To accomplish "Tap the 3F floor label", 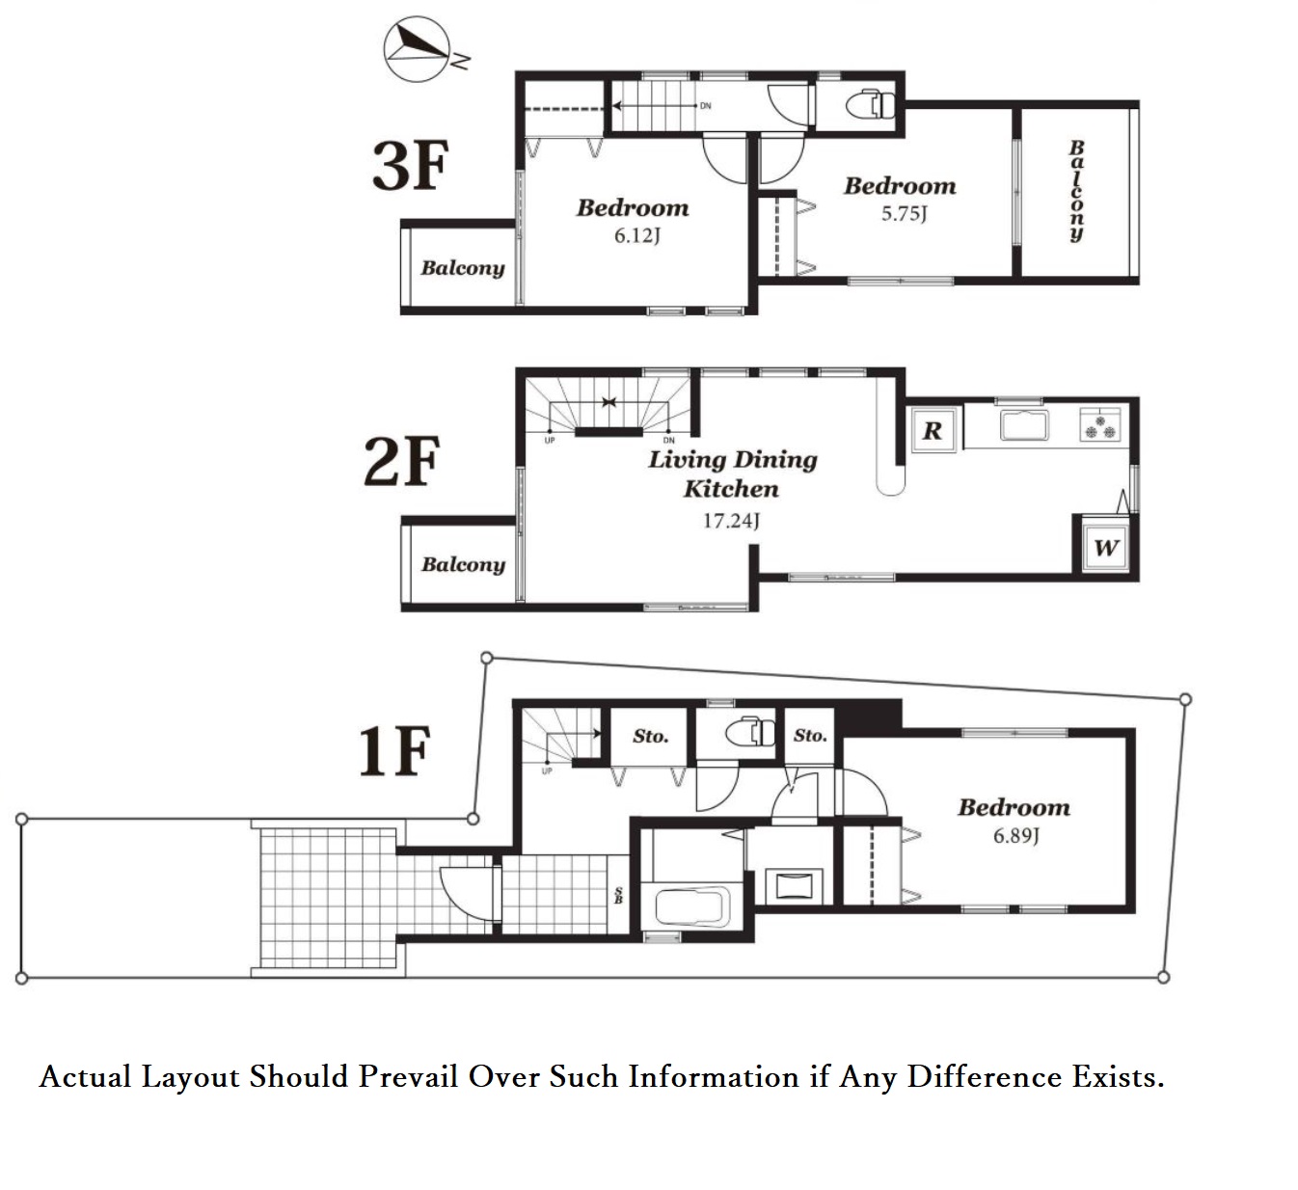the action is tap(410, 166).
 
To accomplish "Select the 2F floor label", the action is tap(402, 461).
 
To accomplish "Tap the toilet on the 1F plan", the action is tap(750, 733).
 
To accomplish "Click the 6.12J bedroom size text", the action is tap(637, 235).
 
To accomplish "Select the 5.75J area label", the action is tap(904, 213).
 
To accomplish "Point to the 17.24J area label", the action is tap(731, 520).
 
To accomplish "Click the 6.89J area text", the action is tap(1015, 835).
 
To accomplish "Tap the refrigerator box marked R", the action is tap(933, 430).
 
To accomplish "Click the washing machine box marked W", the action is tap(1106, 548).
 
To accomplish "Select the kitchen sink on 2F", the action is tap(1024, 426).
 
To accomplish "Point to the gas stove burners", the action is tap(1100, 426).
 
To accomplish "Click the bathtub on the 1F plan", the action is tap(692, 906).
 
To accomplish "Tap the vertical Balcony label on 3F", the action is tap(1076, 192).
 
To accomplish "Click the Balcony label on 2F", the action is tap(463, 565).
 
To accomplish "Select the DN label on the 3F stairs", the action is tap(705, 106).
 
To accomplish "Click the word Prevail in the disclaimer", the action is tap(408, 1077).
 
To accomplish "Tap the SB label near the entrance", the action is tap(618, 896).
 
